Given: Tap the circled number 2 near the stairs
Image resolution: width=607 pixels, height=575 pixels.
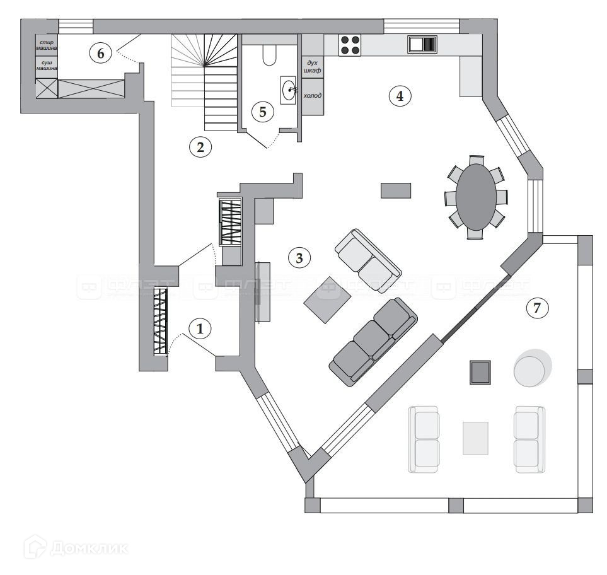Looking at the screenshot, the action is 200,148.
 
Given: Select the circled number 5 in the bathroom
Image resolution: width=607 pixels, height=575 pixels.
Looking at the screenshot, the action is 262,112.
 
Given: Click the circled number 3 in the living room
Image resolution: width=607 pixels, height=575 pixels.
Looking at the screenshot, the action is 299,257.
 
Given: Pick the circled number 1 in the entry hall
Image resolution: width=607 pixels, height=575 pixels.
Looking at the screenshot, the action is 200,328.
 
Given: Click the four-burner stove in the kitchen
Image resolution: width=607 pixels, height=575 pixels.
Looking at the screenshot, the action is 350,44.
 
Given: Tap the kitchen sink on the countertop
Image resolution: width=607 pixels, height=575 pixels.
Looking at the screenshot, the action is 422,44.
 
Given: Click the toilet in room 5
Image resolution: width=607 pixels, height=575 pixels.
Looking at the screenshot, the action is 269,55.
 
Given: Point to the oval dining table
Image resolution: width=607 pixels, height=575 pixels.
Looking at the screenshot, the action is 476,196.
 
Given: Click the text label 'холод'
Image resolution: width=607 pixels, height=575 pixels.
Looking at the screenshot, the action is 312,95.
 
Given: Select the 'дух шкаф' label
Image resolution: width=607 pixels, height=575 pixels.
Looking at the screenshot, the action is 312,67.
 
